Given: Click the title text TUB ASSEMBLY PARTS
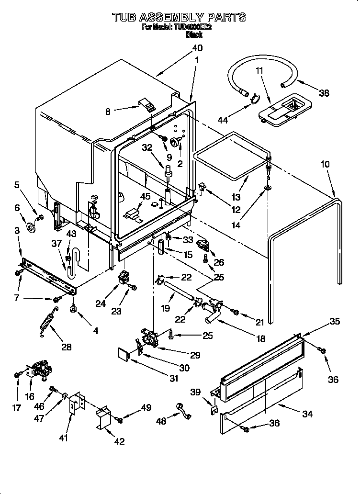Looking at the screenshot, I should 179,18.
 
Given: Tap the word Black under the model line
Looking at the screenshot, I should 194,35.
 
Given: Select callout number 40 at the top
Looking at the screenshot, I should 197,48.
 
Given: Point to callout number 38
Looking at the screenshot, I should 324,93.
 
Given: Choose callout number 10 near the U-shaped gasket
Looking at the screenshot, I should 325,164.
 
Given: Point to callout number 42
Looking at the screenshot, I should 119,441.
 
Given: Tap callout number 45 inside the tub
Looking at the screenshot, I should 145,196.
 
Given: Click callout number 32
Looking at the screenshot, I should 147,147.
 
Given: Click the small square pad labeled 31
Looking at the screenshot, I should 124,354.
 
